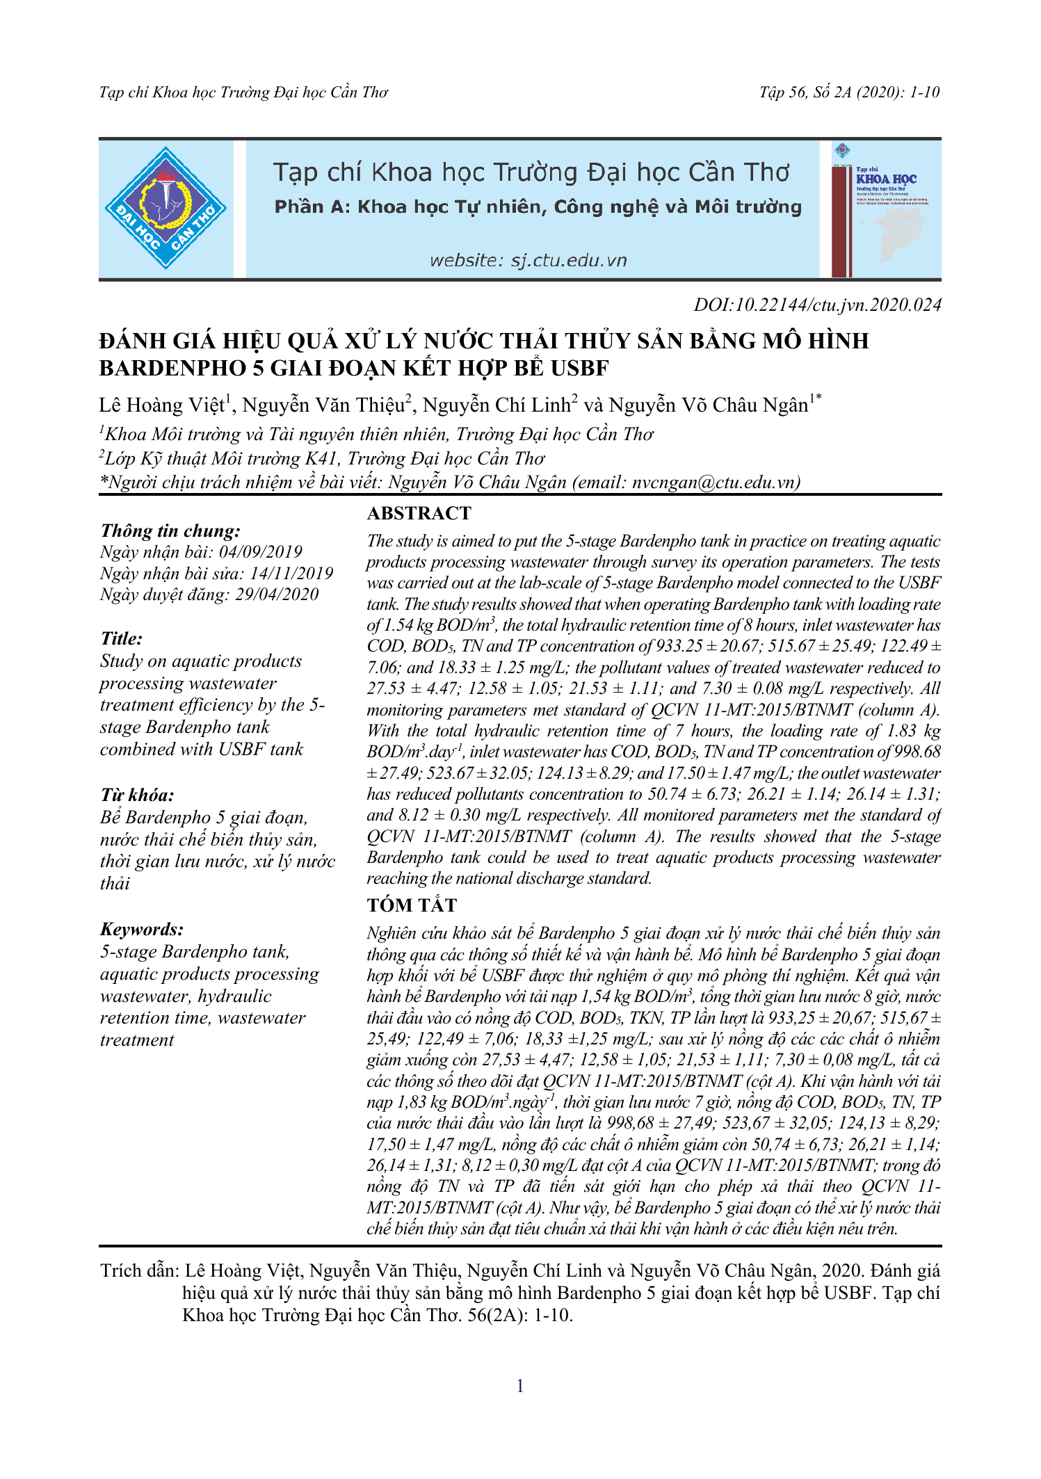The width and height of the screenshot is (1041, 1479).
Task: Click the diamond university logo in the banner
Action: [166, 208]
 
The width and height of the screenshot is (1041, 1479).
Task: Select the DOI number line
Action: [817, 305]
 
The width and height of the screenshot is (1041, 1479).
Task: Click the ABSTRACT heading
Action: [419, 513]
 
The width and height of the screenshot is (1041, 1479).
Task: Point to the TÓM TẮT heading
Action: [412, 905]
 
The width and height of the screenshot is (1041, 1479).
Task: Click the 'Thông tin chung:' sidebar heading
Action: [170, 531]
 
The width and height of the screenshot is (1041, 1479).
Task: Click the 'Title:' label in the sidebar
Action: [121, 638]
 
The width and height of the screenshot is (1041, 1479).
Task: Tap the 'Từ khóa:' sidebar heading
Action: [137, 795]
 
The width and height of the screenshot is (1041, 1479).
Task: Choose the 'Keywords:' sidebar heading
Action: [142, 929]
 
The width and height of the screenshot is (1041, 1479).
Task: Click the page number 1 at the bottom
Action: [520, 1386]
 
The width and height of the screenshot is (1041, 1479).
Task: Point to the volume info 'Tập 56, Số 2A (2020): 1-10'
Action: [849, 92]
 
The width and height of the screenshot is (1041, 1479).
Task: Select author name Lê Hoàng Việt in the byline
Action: [162, 405]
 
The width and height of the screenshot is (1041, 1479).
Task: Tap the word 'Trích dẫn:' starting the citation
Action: [138, 1271]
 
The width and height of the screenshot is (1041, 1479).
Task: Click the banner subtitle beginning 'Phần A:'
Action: [538, 207]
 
